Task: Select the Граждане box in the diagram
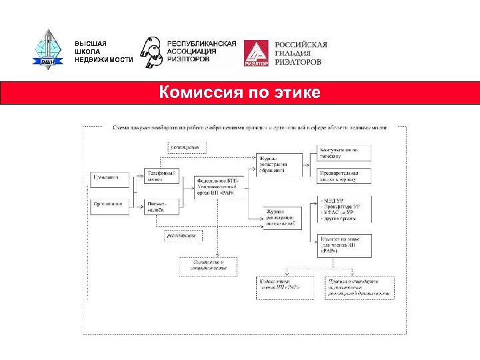point(106,177)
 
